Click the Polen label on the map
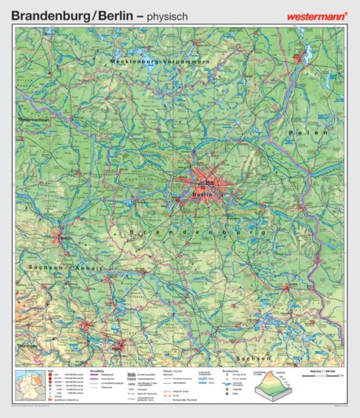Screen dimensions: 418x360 pyautogui.click(x=311, y=132)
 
